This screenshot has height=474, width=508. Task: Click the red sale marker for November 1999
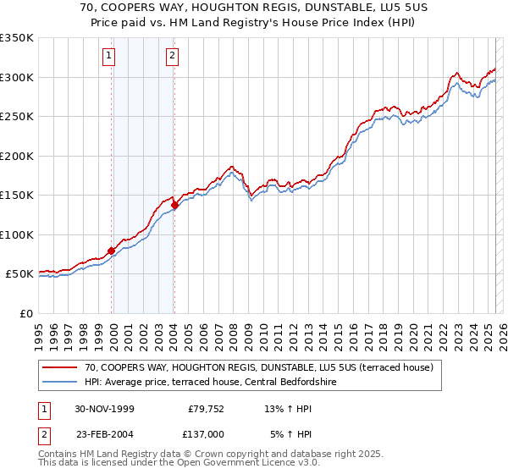(x=111, y=251)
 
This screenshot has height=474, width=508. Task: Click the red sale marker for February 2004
(x=174, y=205)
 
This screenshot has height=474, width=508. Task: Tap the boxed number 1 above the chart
(x=110, y=57)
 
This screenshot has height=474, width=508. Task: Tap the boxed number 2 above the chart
(x=172, y=57)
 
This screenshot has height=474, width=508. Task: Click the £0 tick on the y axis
(x=27, y=313)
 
